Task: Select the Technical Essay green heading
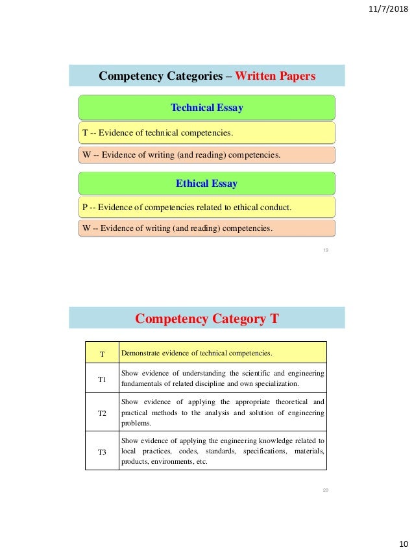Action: [206, 108]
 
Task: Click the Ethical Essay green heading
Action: [206, 184]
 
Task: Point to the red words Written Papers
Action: [275, 77]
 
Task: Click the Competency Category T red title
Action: [206, 318]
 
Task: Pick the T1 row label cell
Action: [102, 379]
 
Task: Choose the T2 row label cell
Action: [102, 412]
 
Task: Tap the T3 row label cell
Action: [102, 451]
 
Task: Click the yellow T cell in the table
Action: [102, 354]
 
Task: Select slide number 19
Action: [326, 249]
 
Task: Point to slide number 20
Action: [326, 490]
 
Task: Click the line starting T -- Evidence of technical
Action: [157, 134]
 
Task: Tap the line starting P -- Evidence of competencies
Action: [187, 208]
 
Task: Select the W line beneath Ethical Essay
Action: [178, 228]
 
